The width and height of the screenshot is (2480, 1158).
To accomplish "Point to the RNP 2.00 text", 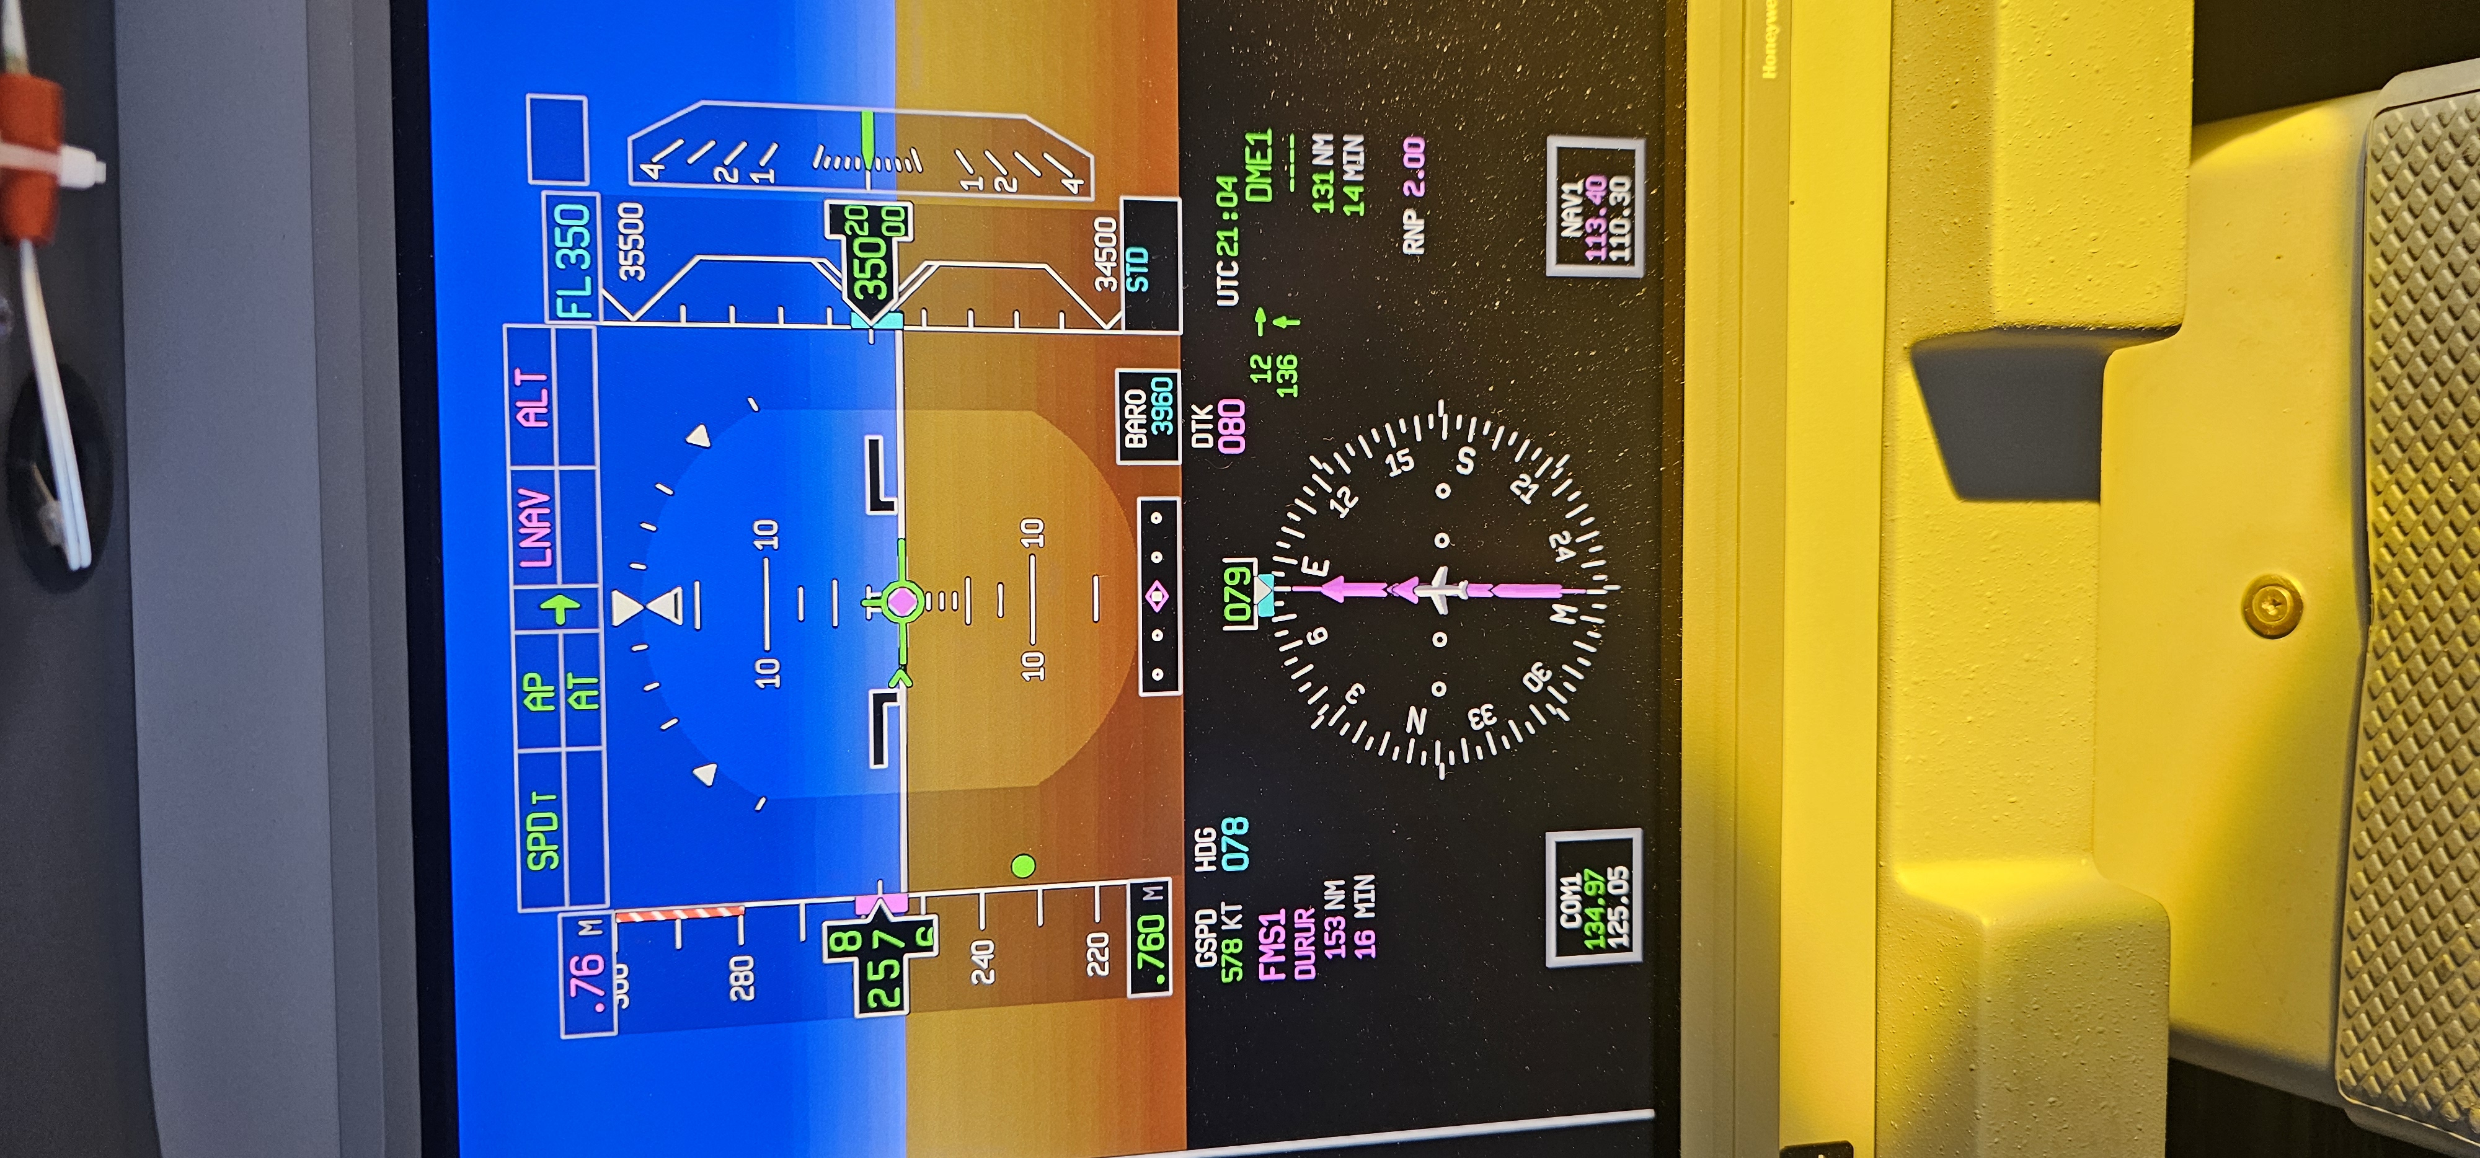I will click(1414, 195).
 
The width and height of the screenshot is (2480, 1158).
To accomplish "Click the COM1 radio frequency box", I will click(1593, 898).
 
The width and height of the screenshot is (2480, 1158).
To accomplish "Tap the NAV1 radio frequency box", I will click(1594, 208).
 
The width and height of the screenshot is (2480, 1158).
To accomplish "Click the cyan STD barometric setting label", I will click(1137, 270).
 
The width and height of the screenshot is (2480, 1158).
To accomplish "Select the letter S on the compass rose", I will click(1465, 460).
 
